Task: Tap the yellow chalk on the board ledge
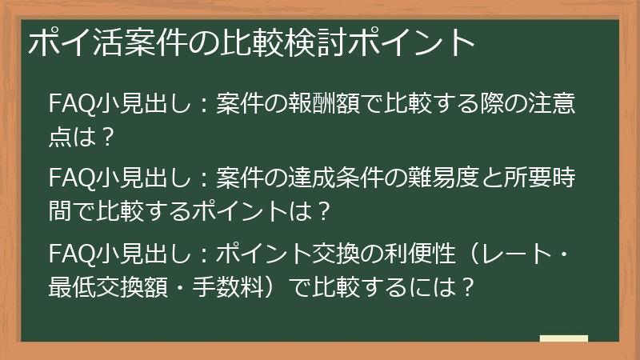563,339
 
